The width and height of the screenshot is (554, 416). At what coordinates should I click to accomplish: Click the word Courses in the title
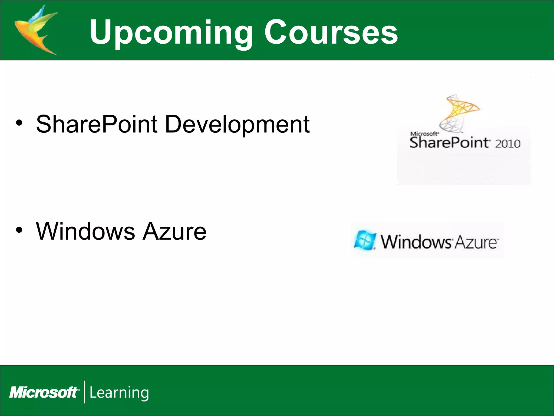(x=331, y=32)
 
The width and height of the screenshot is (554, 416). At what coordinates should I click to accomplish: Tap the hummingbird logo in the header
(x=37, y=30)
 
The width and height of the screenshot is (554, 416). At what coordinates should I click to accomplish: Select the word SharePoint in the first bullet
(x=97, y=124)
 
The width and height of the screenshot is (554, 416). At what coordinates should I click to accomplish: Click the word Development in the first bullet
(x=237, y=124)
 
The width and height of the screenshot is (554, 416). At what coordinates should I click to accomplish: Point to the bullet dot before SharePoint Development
(x=19, y=123)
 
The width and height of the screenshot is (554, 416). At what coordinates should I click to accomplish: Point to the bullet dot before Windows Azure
(x=19, y=230)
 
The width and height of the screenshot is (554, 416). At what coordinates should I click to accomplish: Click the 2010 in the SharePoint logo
(x=507, y=144)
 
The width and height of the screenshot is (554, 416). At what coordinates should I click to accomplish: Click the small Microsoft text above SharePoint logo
(x=424, y=134)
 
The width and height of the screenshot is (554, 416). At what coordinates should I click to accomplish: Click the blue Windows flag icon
(x=365, y=240)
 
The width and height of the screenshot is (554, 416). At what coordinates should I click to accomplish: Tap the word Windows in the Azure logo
(x=416, y=242)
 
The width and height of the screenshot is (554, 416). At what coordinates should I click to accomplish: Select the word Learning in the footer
(x=119, y=393)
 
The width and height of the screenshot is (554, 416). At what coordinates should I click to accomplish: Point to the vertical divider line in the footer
(x=85, y=392)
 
